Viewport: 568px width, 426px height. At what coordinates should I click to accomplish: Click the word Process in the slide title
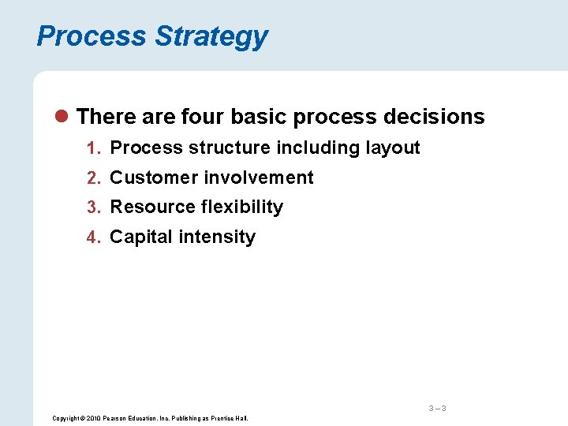(x=92, y=36)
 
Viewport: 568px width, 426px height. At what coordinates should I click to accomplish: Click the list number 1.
(x=92, y=148)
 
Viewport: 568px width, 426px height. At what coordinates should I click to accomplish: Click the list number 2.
(x=92, y=178)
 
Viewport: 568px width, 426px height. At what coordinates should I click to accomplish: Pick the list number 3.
(x=92, y=207)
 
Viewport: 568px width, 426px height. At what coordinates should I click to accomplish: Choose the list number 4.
(x=92, y=237)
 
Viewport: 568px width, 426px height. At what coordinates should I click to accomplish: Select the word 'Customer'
(x=154, y=177)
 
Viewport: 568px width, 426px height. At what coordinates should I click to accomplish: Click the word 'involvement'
(x=259, y=177)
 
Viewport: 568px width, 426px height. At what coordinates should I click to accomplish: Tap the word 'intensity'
(x=219, y=237)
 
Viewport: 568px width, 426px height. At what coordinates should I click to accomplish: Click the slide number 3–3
(x=437, y=408)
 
